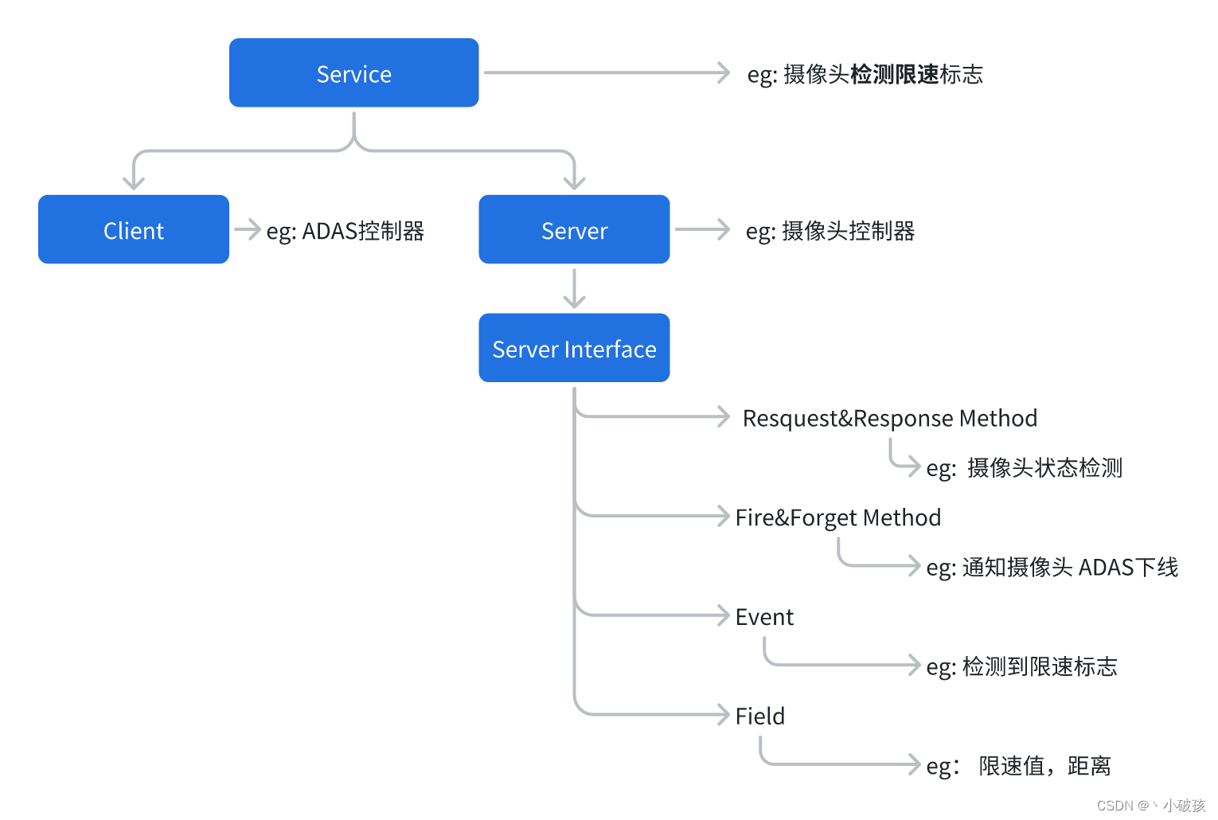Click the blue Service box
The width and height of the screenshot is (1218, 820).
(x=353, y=73)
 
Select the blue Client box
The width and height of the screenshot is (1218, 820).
(x=134, y=230)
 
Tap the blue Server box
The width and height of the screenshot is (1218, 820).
(x=574, y=230)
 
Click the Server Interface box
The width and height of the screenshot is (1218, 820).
(x=574, y=349)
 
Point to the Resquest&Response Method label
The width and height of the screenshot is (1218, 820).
(x=889, y=418)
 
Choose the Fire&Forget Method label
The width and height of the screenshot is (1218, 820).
(x=837, y=517)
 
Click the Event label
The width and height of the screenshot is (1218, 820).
(x=764, y=617)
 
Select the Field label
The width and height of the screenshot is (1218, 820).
(x=759, y=716)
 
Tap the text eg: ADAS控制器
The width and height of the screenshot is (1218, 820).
(x=345, y=231)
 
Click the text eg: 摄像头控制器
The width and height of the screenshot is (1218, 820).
(x=830, y=231)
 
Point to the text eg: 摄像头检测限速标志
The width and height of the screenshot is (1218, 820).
(x=865, y=74)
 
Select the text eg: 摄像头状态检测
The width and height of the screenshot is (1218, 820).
(x=1024, y=467)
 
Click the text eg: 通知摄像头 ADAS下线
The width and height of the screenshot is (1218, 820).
(x=1052, y=567)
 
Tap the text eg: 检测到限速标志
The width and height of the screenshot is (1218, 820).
(x=1021, y=666)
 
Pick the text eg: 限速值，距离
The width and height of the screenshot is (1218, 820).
(x=1018, y=766)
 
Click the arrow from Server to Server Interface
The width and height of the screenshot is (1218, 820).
(x=574, y=289)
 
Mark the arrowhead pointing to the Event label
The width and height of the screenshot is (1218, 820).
(x=724, y=615)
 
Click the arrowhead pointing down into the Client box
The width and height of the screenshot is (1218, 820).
(x=134, y=183)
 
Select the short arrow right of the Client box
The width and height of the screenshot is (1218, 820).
(x=248, y=229)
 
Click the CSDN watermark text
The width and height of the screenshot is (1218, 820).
(x=1150, y=805)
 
